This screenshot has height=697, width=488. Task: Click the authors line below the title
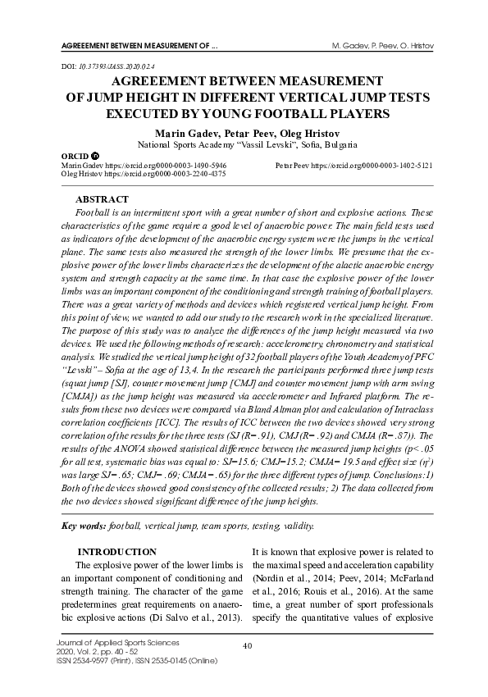pos(244,131)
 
